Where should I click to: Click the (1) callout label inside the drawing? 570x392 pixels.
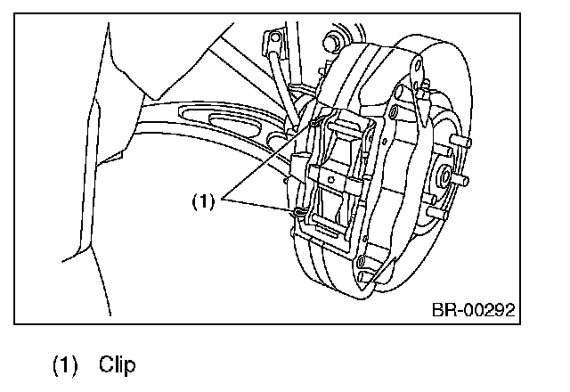point(204,201)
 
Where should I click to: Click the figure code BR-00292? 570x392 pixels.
point(473,311)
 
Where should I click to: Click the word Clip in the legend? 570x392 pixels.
point(117,364)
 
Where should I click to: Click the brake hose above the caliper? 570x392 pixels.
point(283,85)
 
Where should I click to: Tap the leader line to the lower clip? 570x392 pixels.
point(258,206)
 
